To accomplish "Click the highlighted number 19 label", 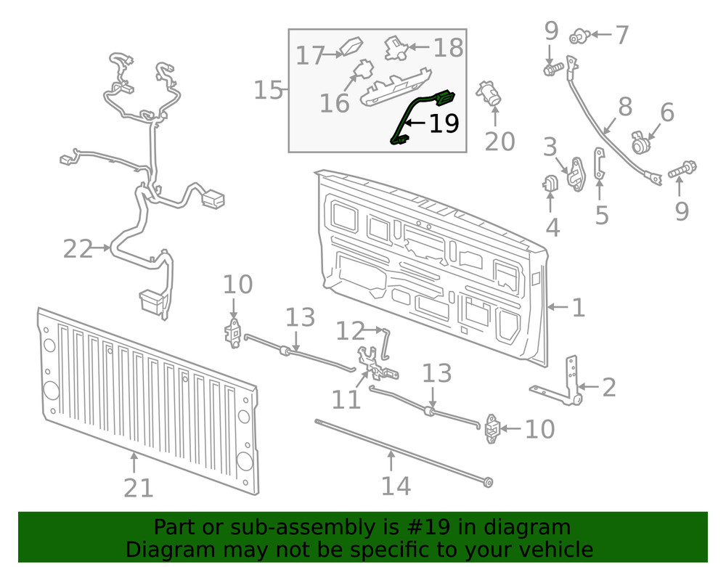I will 444,124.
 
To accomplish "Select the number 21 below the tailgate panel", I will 138,487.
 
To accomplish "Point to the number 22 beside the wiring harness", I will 78,249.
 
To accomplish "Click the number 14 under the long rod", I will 396,485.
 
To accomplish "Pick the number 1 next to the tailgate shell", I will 578,308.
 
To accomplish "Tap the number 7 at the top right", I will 621,34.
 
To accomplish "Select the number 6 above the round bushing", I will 666,113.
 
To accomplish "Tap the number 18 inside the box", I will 448,48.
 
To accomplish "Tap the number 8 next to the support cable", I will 625,107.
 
